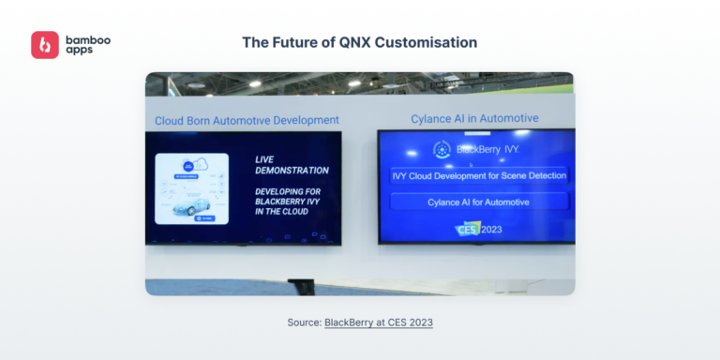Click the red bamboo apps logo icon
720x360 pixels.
[x=45, y=45]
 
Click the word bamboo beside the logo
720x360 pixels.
[x=86, y=39]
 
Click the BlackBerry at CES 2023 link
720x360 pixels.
[x=379, y=322]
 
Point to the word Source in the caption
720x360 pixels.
[x=303, y=322]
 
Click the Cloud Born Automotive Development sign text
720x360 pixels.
[x=247, y=120]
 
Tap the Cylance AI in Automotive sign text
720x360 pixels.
[x=474, y=118]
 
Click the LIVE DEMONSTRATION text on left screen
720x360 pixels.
[x=292, y=165]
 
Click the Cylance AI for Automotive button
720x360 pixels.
[x=479, y=201]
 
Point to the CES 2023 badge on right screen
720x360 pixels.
[x=480, y=229]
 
